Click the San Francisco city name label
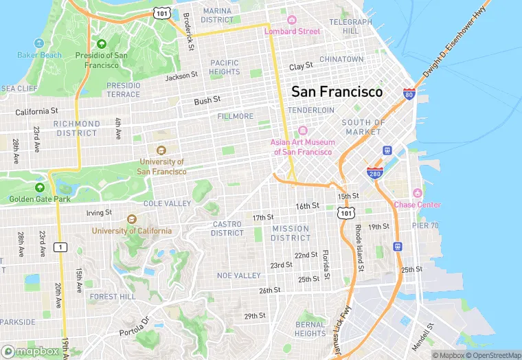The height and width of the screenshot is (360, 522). (337, 91)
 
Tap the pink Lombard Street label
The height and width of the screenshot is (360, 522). (293, 31)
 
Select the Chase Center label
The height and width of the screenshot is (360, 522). (417, 204)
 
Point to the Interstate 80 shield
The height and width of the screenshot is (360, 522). (409, 93)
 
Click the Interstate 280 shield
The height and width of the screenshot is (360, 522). (374, 172)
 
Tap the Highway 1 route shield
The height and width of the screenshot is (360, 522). (62, 247)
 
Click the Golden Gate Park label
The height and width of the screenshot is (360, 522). (39, 199)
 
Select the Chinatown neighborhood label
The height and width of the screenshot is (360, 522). (341, 60)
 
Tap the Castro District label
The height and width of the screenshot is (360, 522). (227, 228)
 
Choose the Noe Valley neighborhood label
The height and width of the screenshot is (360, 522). (238, 275)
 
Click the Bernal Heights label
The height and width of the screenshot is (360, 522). (310, 329)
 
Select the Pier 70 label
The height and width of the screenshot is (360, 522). (424, 225)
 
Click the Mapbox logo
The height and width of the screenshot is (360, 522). (30, 351)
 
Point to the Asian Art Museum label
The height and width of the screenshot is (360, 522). (303, 147)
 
